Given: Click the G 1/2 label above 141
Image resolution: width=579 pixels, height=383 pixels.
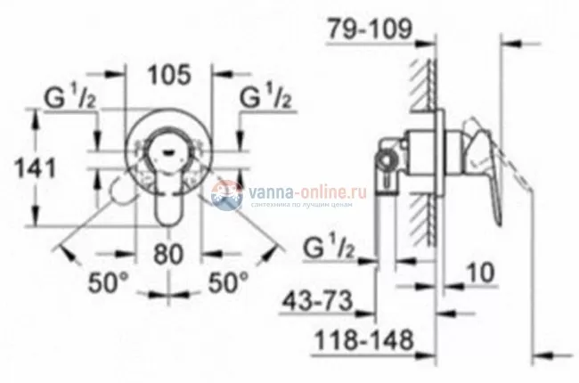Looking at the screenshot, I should click(68, 94).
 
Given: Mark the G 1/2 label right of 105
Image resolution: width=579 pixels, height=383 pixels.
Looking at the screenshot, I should click(266, 94).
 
